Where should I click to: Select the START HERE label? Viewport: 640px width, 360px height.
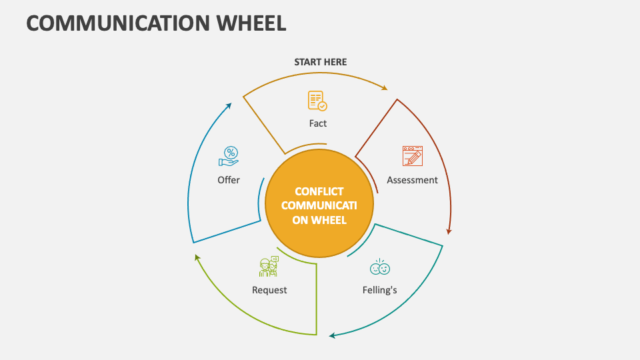click(x=321, y=62)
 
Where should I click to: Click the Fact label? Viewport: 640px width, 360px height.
click(x=318, y=123)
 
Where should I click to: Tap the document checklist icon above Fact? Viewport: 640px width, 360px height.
click(x=317, y=101)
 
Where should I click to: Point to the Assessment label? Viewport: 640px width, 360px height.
click(x=412, y=180)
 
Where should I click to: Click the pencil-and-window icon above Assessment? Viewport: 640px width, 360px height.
click(x=413, y=156)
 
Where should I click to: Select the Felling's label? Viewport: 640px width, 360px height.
click(x=380, y=290)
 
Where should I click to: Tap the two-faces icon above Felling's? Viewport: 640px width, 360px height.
click(x=380, y=268)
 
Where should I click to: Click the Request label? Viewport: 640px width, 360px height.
click(x=269, y=290)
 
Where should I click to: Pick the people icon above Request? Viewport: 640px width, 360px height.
click(x=268, y=267)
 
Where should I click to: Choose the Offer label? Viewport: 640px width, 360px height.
click(x=229, y=180)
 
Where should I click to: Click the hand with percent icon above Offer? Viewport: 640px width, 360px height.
click(x=229, y=157)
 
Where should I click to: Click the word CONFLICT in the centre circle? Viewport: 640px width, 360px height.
click(x=319, y=191)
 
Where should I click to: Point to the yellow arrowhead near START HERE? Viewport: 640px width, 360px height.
click(x=384, y=87)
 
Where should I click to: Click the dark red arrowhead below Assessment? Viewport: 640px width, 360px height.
click(x=449, y=231)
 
